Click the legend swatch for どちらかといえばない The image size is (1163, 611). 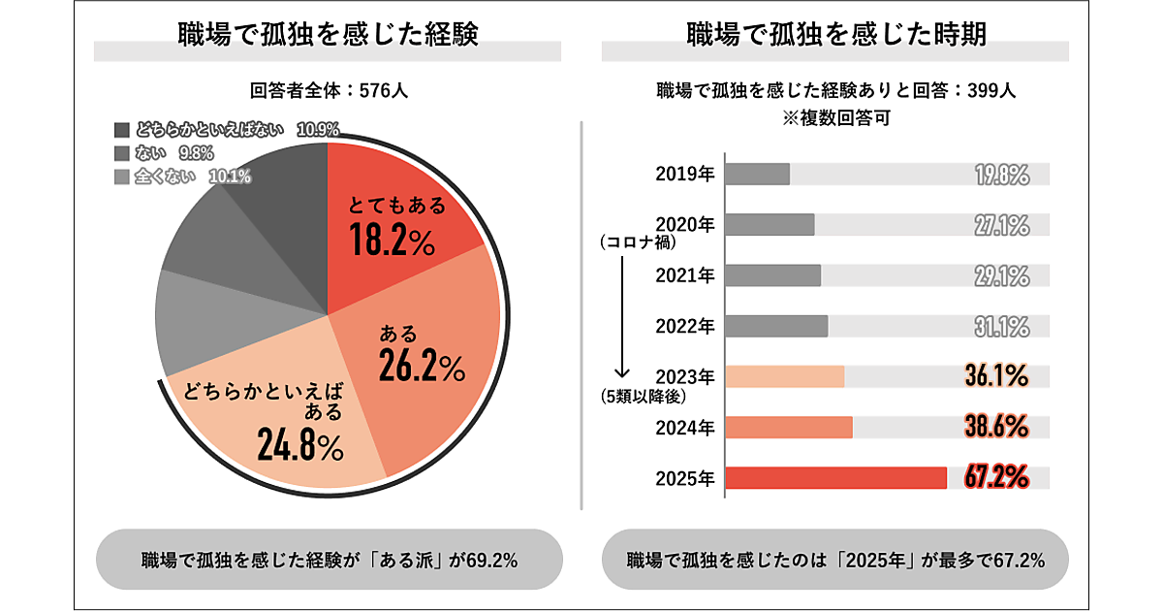(x=121, y=129)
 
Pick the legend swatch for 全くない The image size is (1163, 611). (x=121, y=177)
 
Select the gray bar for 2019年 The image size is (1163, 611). (x=758, y=174)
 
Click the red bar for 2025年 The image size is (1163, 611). (x=835, y=478)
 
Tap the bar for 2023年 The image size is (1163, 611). (x=785, y=376)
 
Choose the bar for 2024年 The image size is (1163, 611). (x=789, y=428)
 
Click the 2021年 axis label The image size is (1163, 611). (x=685, y=275)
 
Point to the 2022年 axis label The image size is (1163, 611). (x=685, y=326)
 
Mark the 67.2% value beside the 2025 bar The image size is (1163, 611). (x=996, y=477)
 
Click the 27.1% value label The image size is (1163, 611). (x=1001, y=225)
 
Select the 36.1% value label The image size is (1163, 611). (x=996, y=376)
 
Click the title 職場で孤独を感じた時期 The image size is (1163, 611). (x=835, y=34)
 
